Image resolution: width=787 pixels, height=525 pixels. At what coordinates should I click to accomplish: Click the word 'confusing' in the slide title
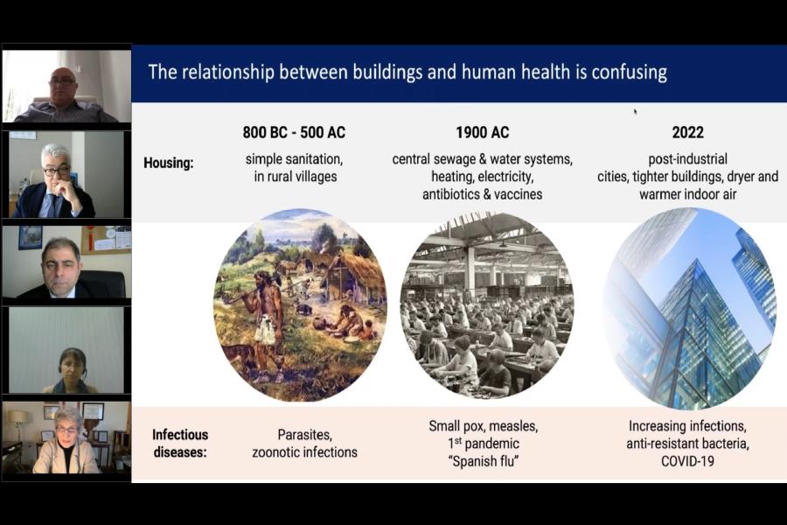pyautogui.click(x=629, y=73)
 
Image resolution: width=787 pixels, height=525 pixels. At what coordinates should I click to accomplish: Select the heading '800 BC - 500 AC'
pyautogui.click(x=294, y=132)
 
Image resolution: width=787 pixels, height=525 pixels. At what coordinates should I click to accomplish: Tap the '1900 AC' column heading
pyautogui.click(x=483, y=132)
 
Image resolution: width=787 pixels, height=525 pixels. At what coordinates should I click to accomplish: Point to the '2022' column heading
pyautogui.click(x=687, y=132)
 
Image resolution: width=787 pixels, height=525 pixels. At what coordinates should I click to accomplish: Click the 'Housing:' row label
pyautogui.click(x=169, y=164)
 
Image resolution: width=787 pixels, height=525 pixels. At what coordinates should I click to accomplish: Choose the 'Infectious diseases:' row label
pyautogui.click(x=179, y=443)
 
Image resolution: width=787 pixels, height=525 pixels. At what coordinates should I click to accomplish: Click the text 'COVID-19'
pyautogui.click(x=687, y=461)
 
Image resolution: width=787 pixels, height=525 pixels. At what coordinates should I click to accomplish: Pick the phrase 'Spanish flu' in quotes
pyautogui.click(x=483, y=461)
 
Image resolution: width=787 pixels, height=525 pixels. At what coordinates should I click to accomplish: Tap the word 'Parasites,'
pyautogui.click(x=304, y=435)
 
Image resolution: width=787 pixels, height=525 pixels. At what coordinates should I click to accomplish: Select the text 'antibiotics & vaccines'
pyautogui.click(x=483, y=194)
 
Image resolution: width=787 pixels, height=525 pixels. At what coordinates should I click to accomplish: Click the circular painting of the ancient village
pyautogui.click(x=300, y=305)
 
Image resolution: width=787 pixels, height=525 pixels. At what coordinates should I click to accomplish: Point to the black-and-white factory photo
pyautogui.click(x=487, y=305)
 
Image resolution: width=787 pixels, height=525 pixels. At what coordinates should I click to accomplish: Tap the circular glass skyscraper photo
pyautogui.click(x=689, y=307)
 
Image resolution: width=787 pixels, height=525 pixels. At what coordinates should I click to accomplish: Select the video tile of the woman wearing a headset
pyautogui.click(x=66, y=350)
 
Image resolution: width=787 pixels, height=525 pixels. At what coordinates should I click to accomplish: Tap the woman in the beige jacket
pyautogui.click(x=66, y=442)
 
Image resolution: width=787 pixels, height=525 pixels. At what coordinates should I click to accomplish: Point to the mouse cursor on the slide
pyautogui.click(x=635, y=111)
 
